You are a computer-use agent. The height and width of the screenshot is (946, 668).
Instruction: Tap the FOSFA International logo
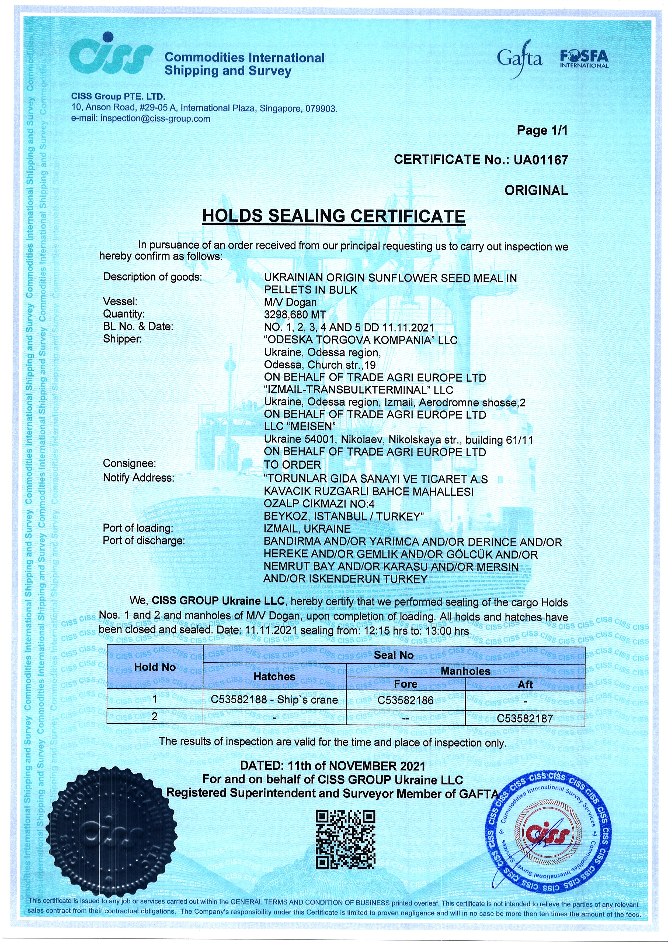coord(584,59)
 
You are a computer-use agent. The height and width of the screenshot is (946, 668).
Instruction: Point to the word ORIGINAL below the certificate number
coord(536,190)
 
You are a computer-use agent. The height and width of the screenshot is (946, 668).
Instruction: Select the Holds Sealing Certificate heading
coord(333,216)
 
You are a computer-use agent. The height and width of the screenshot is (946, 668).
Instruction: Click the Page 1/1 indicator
coord(542,131)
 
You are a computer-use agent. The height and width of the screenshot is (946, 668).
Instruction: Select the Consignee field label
coord(129,464)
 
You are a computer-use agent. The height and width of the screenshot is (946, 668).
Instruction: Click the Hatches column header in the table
coord(274,677)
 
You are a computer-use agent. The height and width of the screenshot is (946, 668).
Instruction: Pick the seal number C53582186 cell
coord(406,700)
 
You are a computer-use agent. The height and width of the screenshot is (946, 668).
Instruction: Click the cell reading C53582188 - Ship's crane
coord(274,700)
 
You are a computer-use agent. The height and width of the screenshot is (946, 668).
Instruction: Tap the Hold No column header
coord(155,667)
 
